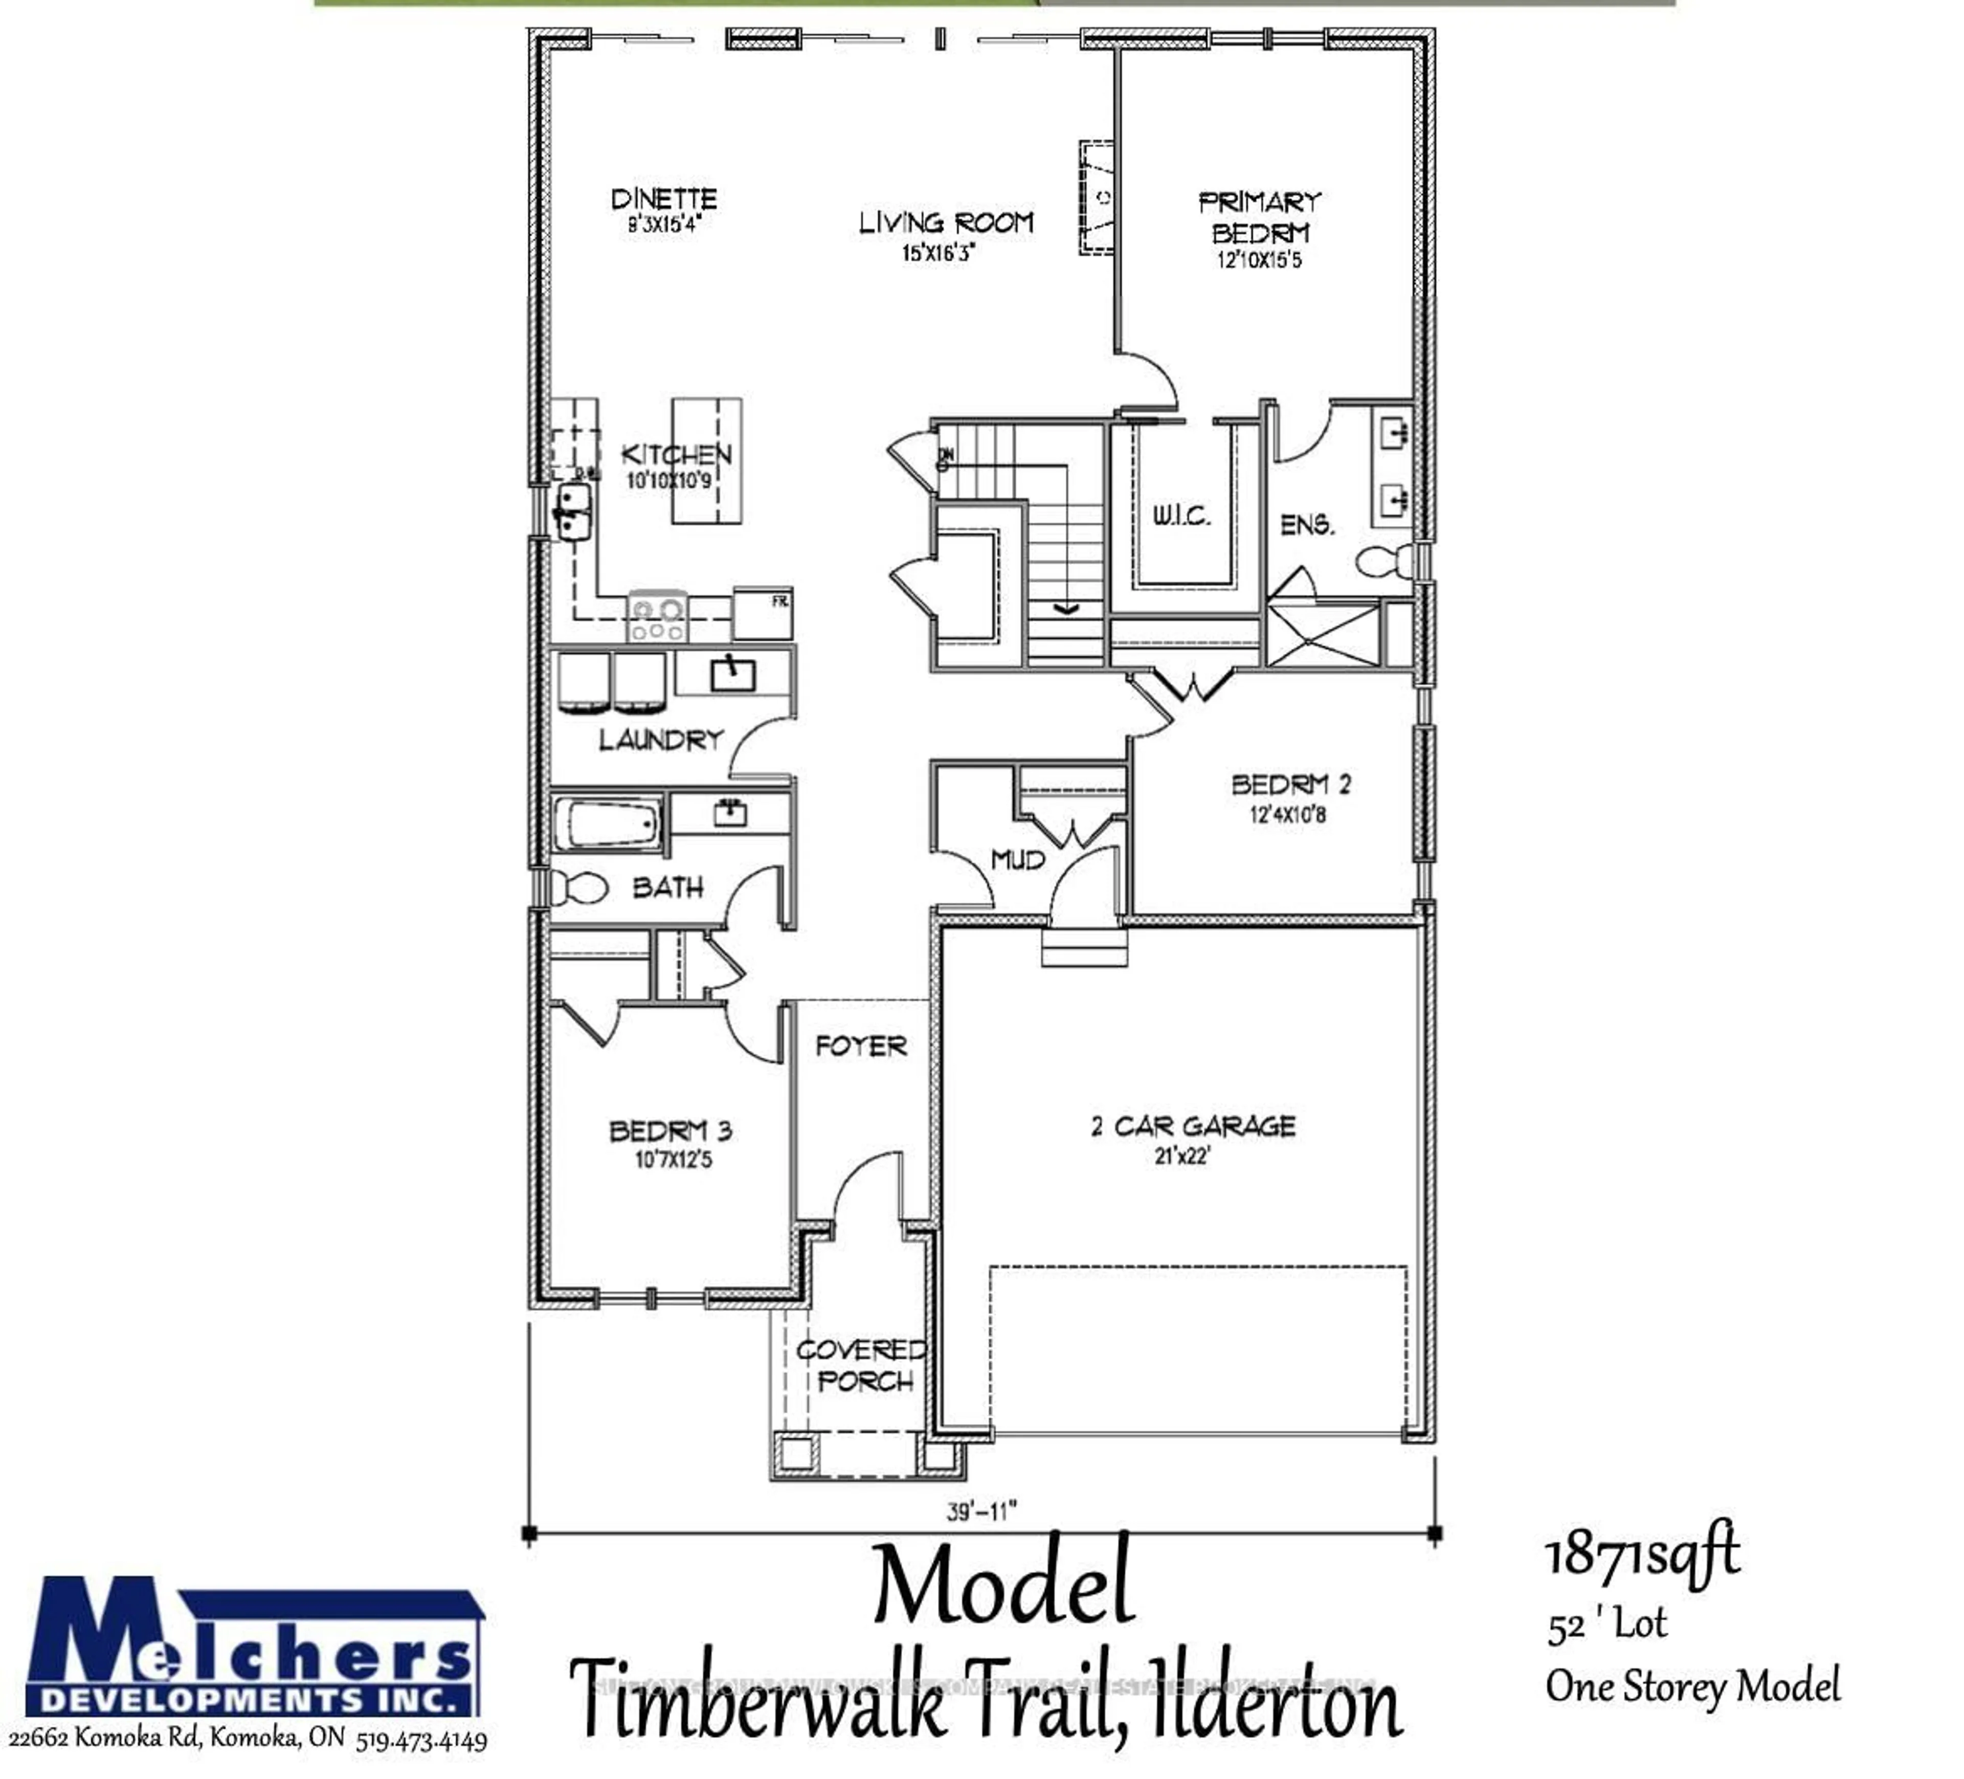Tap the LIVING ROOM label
coord(945,223)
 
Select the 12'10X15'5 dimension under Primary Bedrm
coord(1259,260)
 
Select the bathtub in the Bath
coord(608,824)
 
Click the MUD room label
coord(1017,859)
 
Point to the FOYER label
coord(860,1047)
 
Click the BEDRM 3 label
coord(670,1131)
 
